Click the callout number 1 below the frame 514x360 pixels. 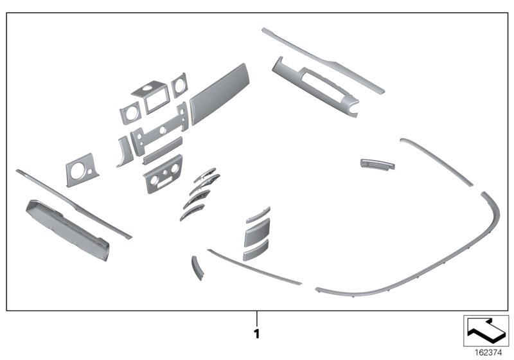[x=256, y=334]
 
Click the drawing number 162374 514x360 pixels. [x=488, y=353]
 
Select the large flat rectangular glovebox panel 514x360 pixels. [x=219, y=93]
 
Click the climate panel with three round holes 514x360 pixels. [x=163, y=174]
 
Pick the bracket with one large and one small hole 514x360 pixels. [x=82, y=170]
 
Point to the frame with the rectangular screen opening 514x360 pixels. [x=152, y=96]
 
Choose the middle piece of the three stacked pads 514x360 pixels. [x=256, y=233]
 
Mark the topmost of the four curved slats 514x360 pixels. [x=204, y=174]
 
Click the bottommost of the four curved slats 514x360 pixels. [x=191, y=212]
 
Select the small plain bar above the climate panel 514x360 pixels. [x=163, y=150]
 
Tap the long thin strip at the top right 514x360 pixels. [x=323, y=60]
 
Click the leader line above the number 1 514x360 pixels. [x=256, y=319]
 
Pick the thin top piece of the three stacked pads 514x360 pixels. [x=258, y=215]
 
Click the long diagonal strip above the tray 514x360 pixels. [x=74, y=204]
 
